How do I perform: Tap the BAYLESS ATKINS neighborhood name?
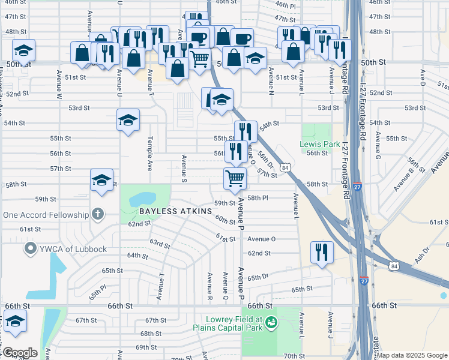176,212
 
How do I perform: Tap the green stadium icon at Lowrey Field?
271,323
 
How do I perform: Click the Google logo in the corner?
19,353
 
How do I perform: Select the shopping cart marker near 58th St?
235,178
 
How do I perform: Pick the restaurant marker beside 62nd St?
322,251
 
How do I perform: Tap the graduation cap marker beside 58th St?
101,180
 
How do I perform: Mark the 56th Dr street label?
265,159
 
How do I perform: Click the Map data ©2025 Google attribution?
412,355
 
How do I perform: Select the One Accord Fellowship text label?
46,215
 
